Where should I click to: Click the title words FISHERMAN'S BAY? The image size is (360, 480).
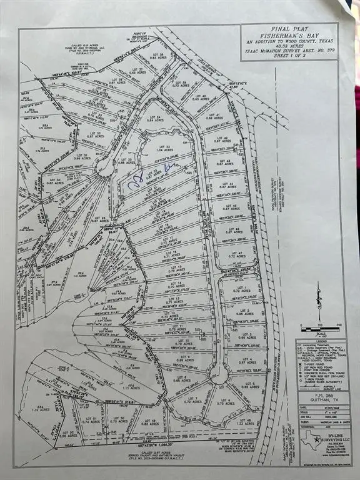(289, 37)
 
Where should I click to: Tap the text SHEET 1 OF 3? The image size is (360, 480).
(289, 54)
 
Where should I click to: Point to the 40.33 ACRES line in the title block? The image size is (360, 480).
(289, 46)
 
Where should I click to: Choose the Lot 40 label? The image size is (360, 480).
(200, 97)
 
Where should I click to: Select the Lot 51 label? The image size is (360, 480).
(91, 420)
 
